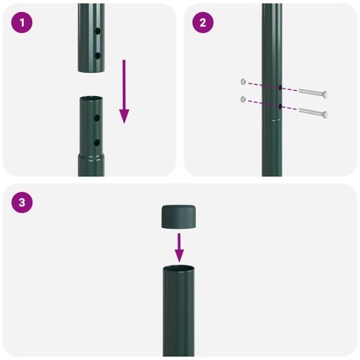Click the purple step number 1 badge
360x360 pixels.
click(23, 22)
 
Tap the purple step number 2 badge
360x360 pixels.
click(202, 22)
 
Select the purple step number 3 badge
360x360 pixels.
click(23, 202)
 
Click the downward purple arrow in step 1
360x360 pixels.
click(124, 94)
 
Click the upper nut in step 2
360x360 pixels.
click(243, 82)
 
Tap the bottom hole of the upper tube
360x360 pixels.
click(97, 55)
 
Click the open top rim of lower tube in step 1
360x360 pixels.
click(91, 99)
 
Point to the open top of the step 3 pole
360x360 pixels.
click(178, 267)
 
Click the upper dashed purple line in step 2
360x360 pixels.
click(262, 85)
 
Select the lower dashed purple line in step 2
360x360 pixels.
click(262, 104)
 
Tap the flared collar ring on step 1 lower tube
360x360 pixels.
click(91, 157)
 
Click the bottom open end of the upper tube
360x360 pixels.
click(91, 70)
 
